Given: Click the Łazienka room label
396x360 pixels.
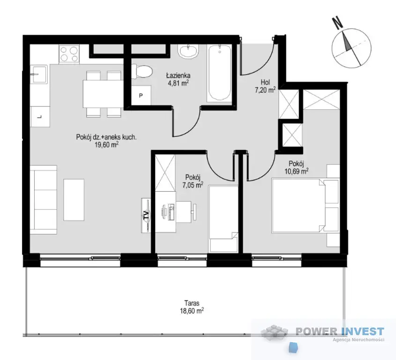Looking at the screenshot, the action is click(178, 75).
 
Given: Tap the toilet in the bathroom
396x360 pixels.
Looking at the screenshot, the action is click(142, 71).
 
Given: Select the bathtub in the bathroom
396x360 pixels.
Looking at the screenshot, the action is click(219, 73).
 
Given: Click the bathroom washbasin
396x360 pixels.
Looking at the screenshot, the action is click(188, 52).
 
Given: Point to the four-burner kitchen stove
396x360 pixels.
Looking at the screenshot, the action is click(69, 54).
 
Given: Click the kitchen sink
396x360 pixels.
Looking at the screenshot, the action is click(39, 74).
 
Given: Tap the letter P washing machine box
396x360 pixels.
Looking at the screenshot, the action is click(141, 95).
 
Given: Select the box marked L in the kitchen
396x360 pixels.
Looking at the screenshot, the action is click(40, 116).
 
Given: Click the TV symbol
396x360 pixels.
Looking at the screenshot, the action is click(146, 215).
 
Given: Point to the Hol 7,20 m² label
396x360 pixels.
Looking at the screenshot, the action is click(265, 86).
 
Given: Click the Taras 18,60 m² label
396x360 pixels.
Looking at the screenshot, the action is click(192, 307).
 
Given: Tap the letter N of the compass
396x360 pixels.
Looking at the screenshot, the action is click(338, 22).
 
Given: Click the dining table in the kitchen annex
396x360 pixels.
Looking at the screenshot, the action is click(103, 94).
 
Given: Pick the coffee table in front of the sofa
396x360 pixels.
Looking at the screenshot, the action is click(74, 200).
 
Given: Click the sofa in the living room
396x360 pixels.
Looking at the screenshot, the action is click(44, 200).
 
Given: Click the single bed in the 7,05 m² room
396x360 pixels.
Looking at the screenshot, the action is click(223, 219).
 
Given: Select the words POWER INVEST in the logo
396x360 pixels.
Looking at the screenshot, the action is click(340, 331).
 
